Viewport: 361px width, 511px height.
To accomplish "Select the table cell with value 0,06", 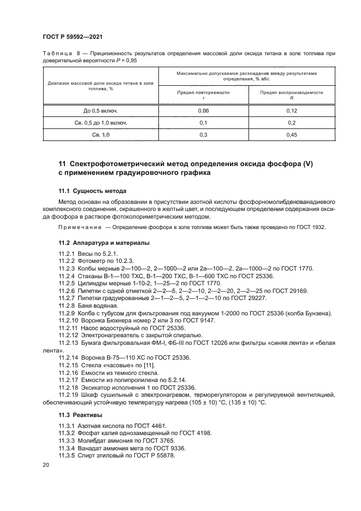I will (203, 111).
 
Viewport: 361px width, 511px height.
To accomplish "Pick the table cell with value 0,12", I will (291, 111).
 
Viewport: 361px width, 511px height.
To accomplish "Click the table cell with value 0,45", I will (291, 134).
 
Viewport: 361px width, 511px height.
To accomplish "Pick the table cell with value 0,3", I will (203, 134).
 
